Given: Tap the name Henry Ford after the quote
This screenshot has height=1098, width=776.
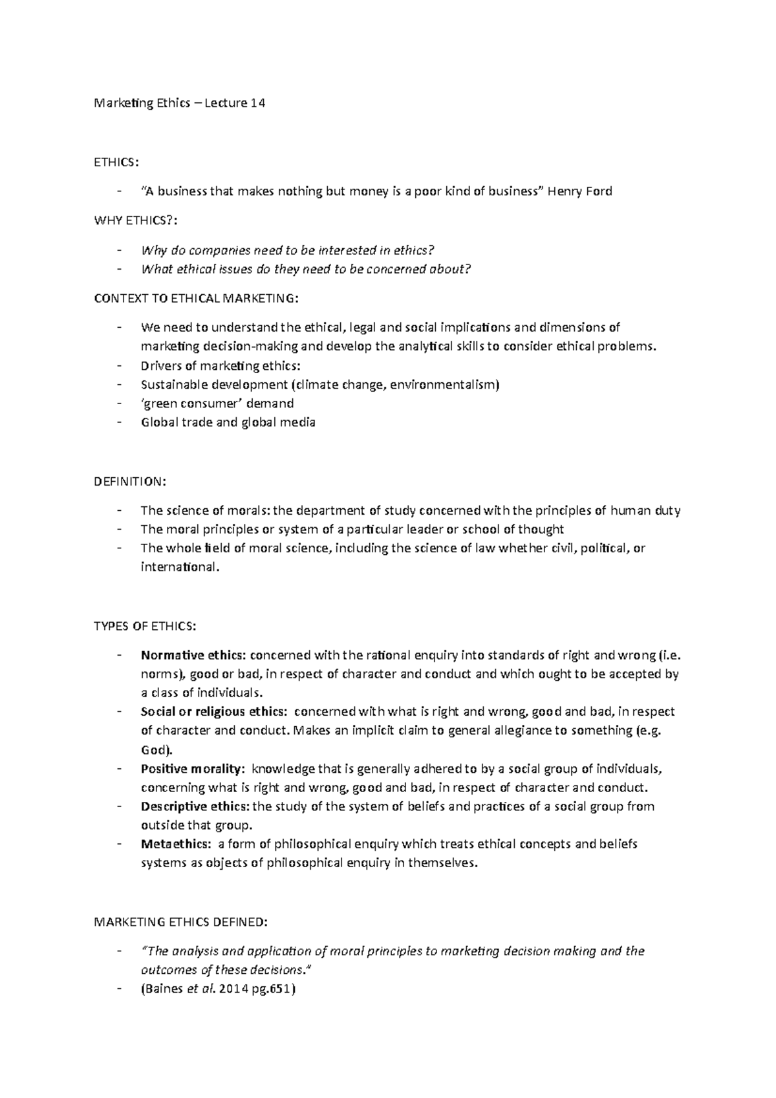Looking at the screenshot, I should pyautogui.click(x=580, y=191).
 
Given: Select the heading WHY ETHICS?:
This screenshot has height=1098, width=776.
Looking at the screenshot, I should pyautogui.click(x=135, y=221).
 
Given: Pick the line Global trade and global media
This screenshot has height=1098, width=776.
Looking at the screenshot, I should pyautogui.click(x=228, y=422).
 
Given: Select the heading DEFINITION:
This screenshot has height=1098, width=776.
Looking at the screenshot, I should pyautogui.click(x=130, y=482).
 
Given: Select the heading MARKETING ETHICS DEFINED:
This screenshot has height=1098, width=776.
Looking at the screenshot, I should pyautogui.click(x=180, y=921).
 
